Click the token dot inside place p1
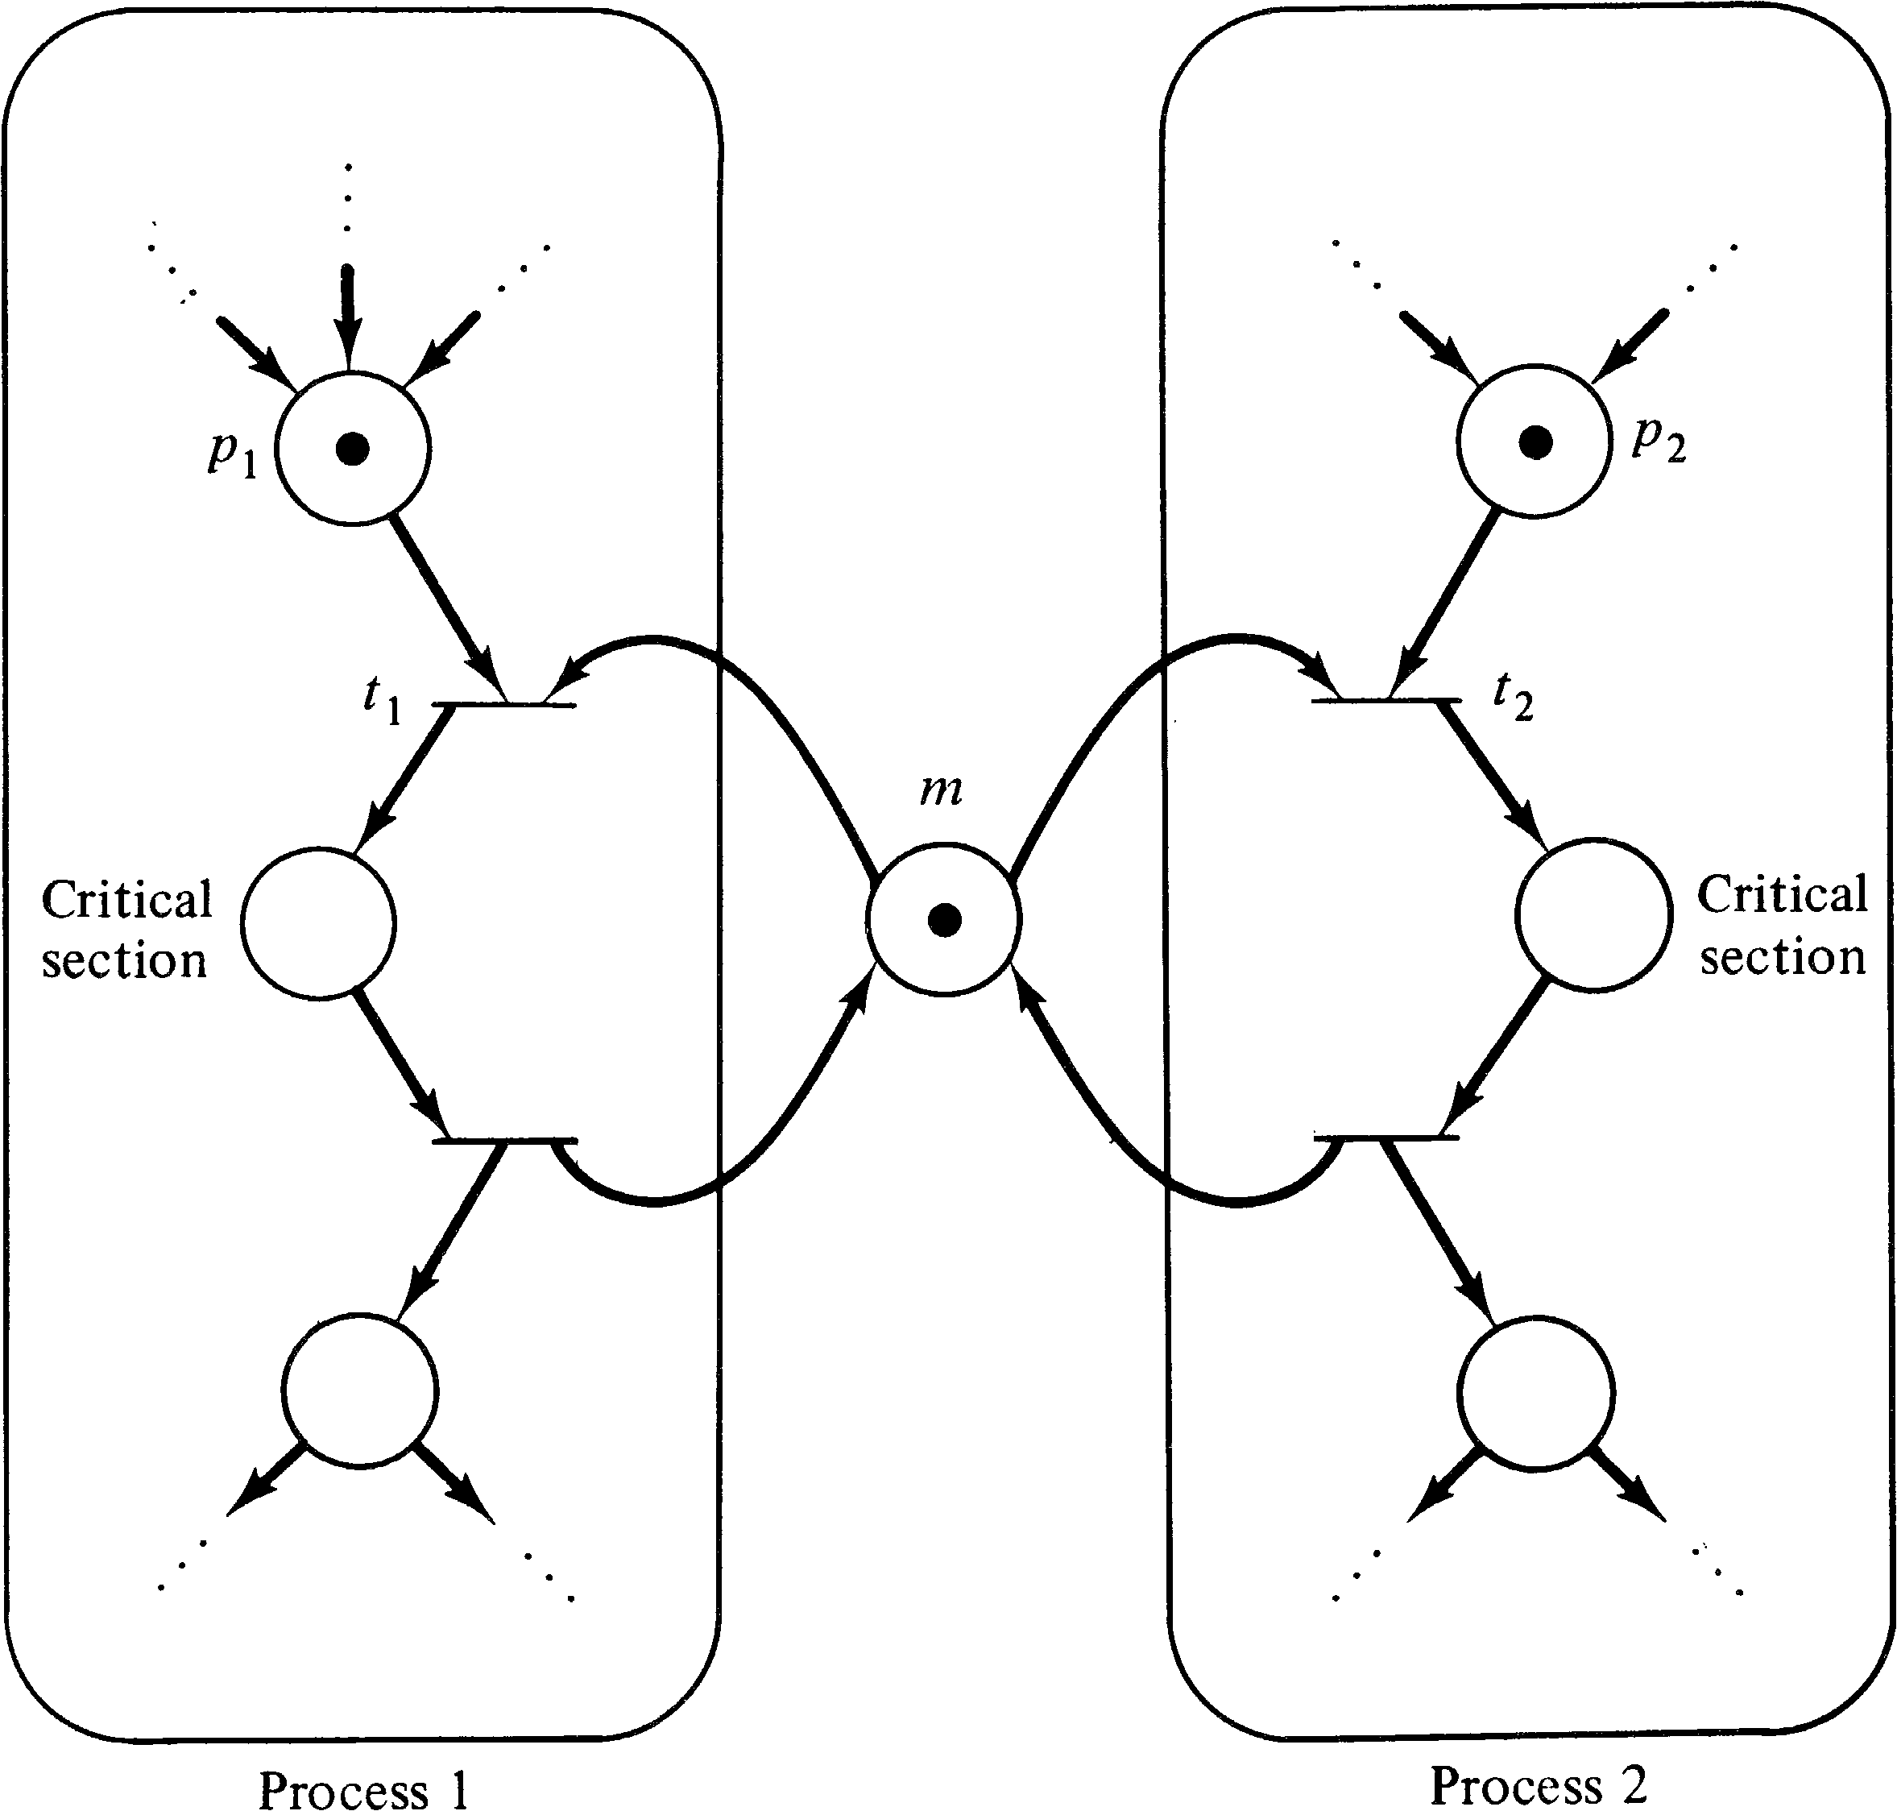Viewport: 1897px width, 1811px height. coord(352,449)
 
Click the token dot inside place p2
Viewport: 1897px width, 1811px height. coord(1536,443)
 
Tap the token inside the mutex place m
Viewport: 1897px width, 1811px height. coord(944,920)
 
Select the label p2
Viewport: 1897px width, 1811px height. coord(1659,439)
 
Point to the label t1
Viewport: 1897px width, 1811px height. coord(383,698)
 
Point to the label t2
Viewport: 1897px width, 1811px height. coord(1513,695)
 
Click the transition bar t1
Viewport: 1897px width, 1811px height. coord(504,705)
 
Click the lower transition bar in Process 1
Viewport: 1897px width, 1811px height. coord(504,1141)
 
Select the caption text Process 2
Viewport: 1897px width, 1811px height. coord(1538,1784)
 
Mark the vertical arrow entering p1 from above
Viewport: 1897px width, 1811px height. coord(349,318)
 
